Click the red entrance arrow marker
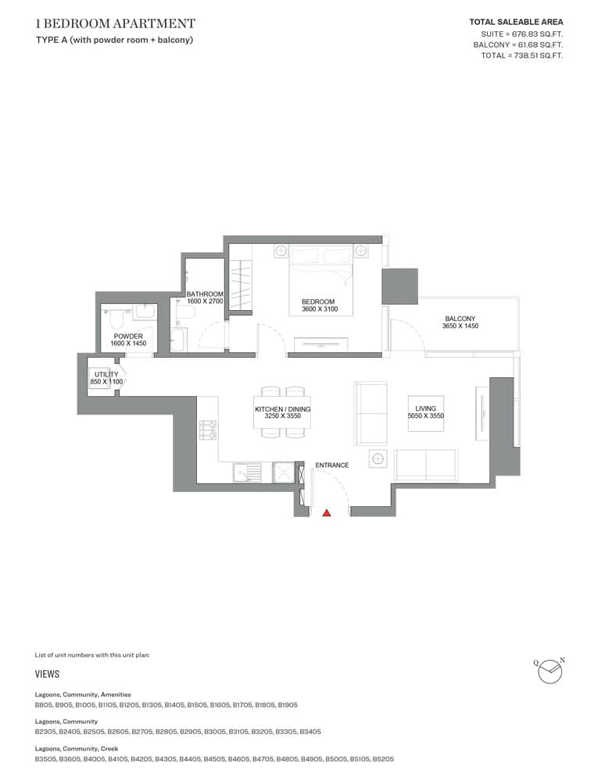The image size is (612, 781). click(327, 512)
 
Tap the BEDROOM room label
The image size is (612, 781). click(318, 305)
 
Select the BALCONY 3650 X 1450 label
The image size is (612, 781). click(460, 322)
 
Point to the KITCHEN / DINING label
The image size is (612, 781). click(282, 412)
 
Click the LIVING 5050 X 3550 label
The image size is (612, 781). click(425, 412)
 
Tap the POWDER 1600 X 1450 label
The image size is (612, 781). click(128, 340)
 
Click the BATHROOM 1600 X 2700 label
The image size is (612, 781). click(205, 298)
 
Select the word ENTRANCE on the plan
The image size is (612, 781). click(331, 465)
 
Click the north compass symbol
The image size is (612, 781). click(550, 670)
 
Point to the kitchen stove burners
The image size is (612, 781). click(209, 430)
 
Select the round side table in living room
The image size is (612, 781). click(378, 458)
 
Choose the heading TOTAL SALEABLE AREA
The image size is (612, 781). click(515, 23)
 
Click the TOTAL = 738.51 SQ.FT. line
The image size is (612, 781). click(523, 55)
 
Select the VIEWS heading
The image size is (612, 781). click(47, 674)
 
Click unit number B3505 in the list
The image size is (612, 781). click(46, 759)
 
